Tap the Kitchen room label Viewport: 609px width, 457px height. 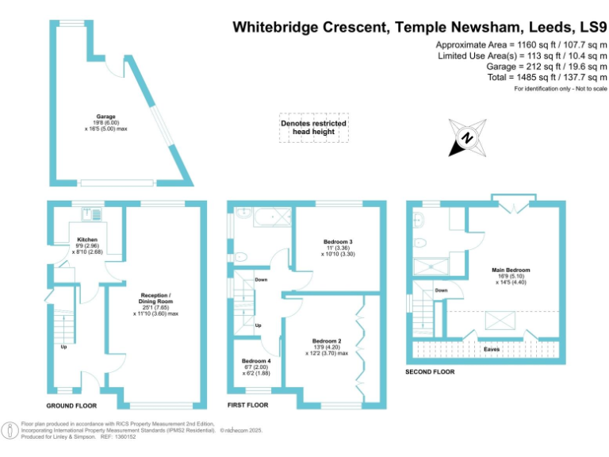pos(87,239)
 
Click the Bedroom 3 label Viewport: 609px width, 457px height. pos(339,240)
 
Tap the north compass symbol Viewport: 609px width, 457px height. pos(466,137)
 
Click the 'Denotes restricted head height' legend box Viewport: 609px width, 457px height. pos(313,127)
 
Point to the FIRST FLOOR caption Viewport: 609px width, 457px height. pos(247,405)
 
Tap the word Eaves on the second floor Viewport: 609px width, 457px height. pos(492,348)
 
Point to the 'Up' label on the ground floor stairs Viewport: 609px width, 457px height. pos(63,347)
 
